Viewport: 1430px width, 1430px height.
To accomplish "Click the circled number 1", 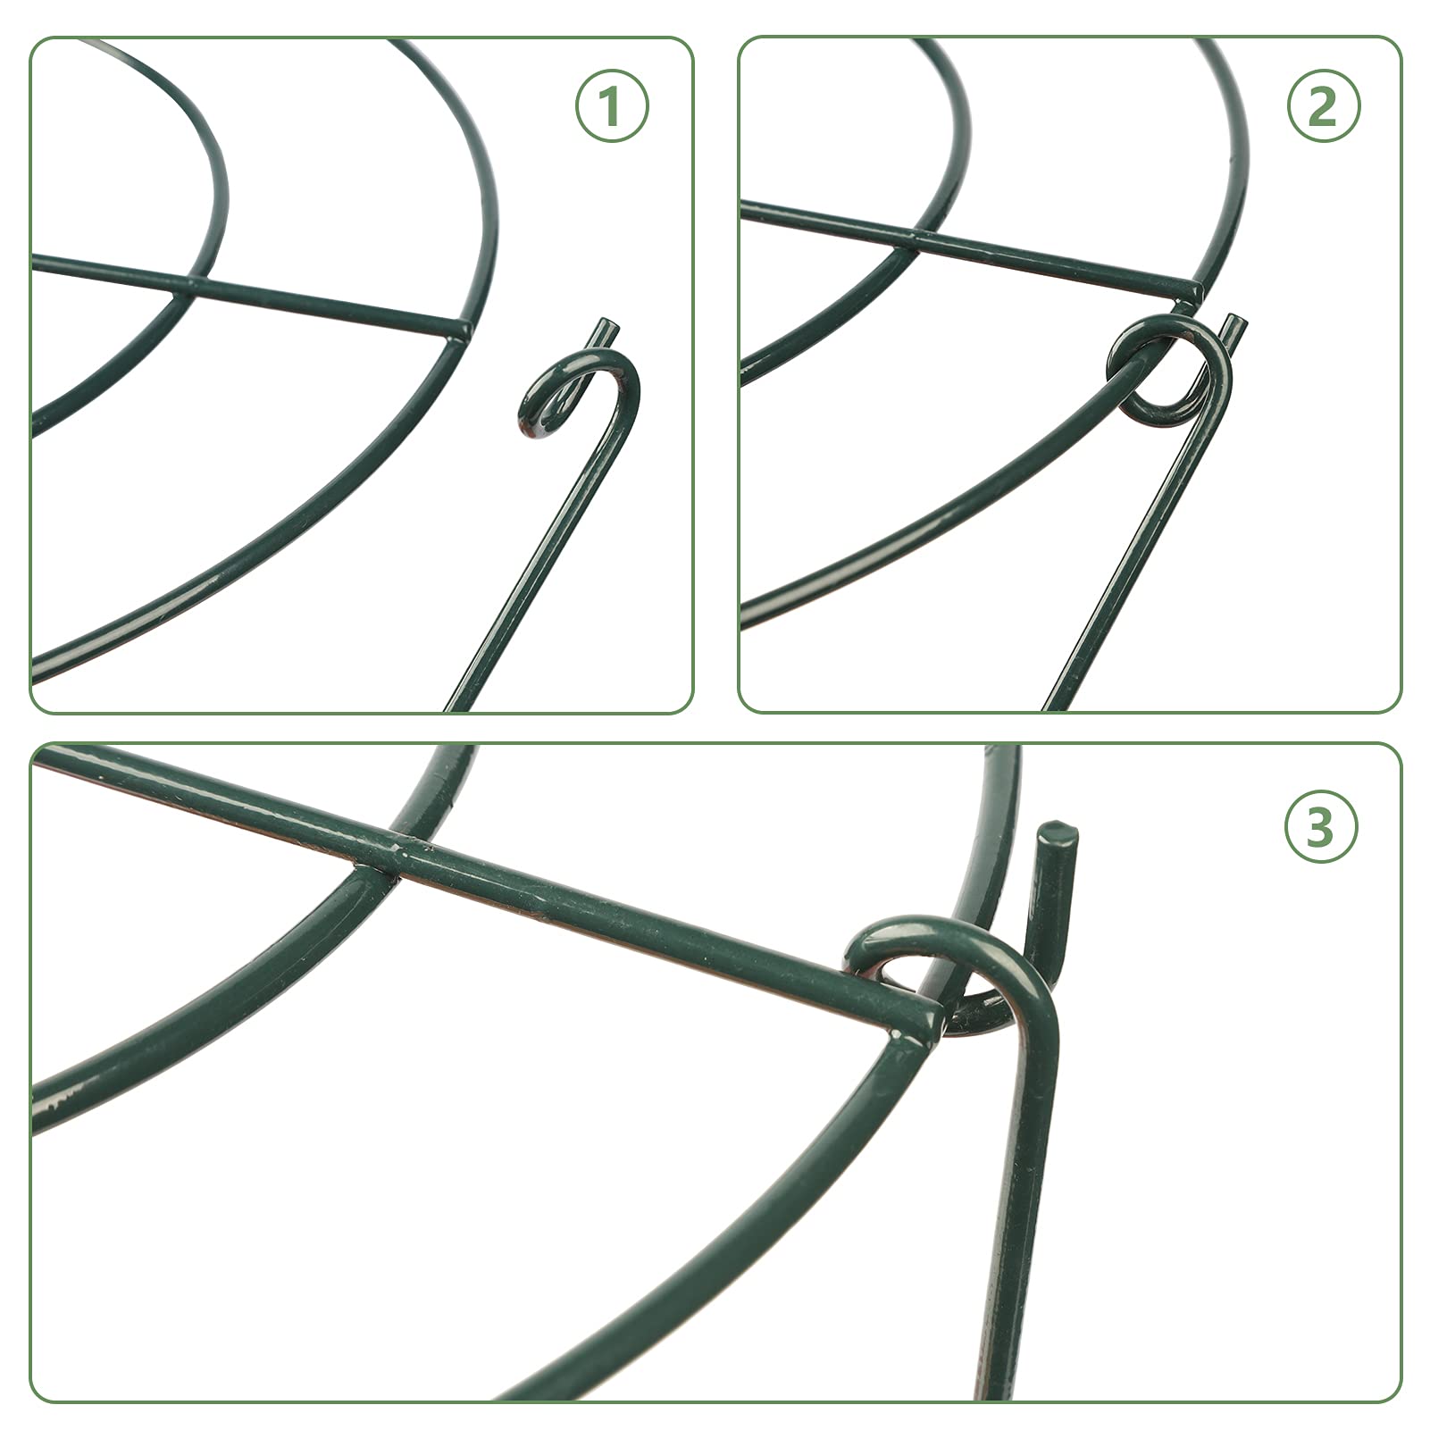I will click(611, 107).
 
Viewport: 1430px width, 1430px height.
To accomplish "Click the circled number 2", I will click(1322, 107).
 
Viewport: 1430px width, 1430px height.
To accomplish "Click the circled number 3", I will click(1320, 828).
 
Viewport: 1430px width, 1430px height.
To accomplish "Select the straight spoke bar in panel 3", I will click(625, 920).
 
